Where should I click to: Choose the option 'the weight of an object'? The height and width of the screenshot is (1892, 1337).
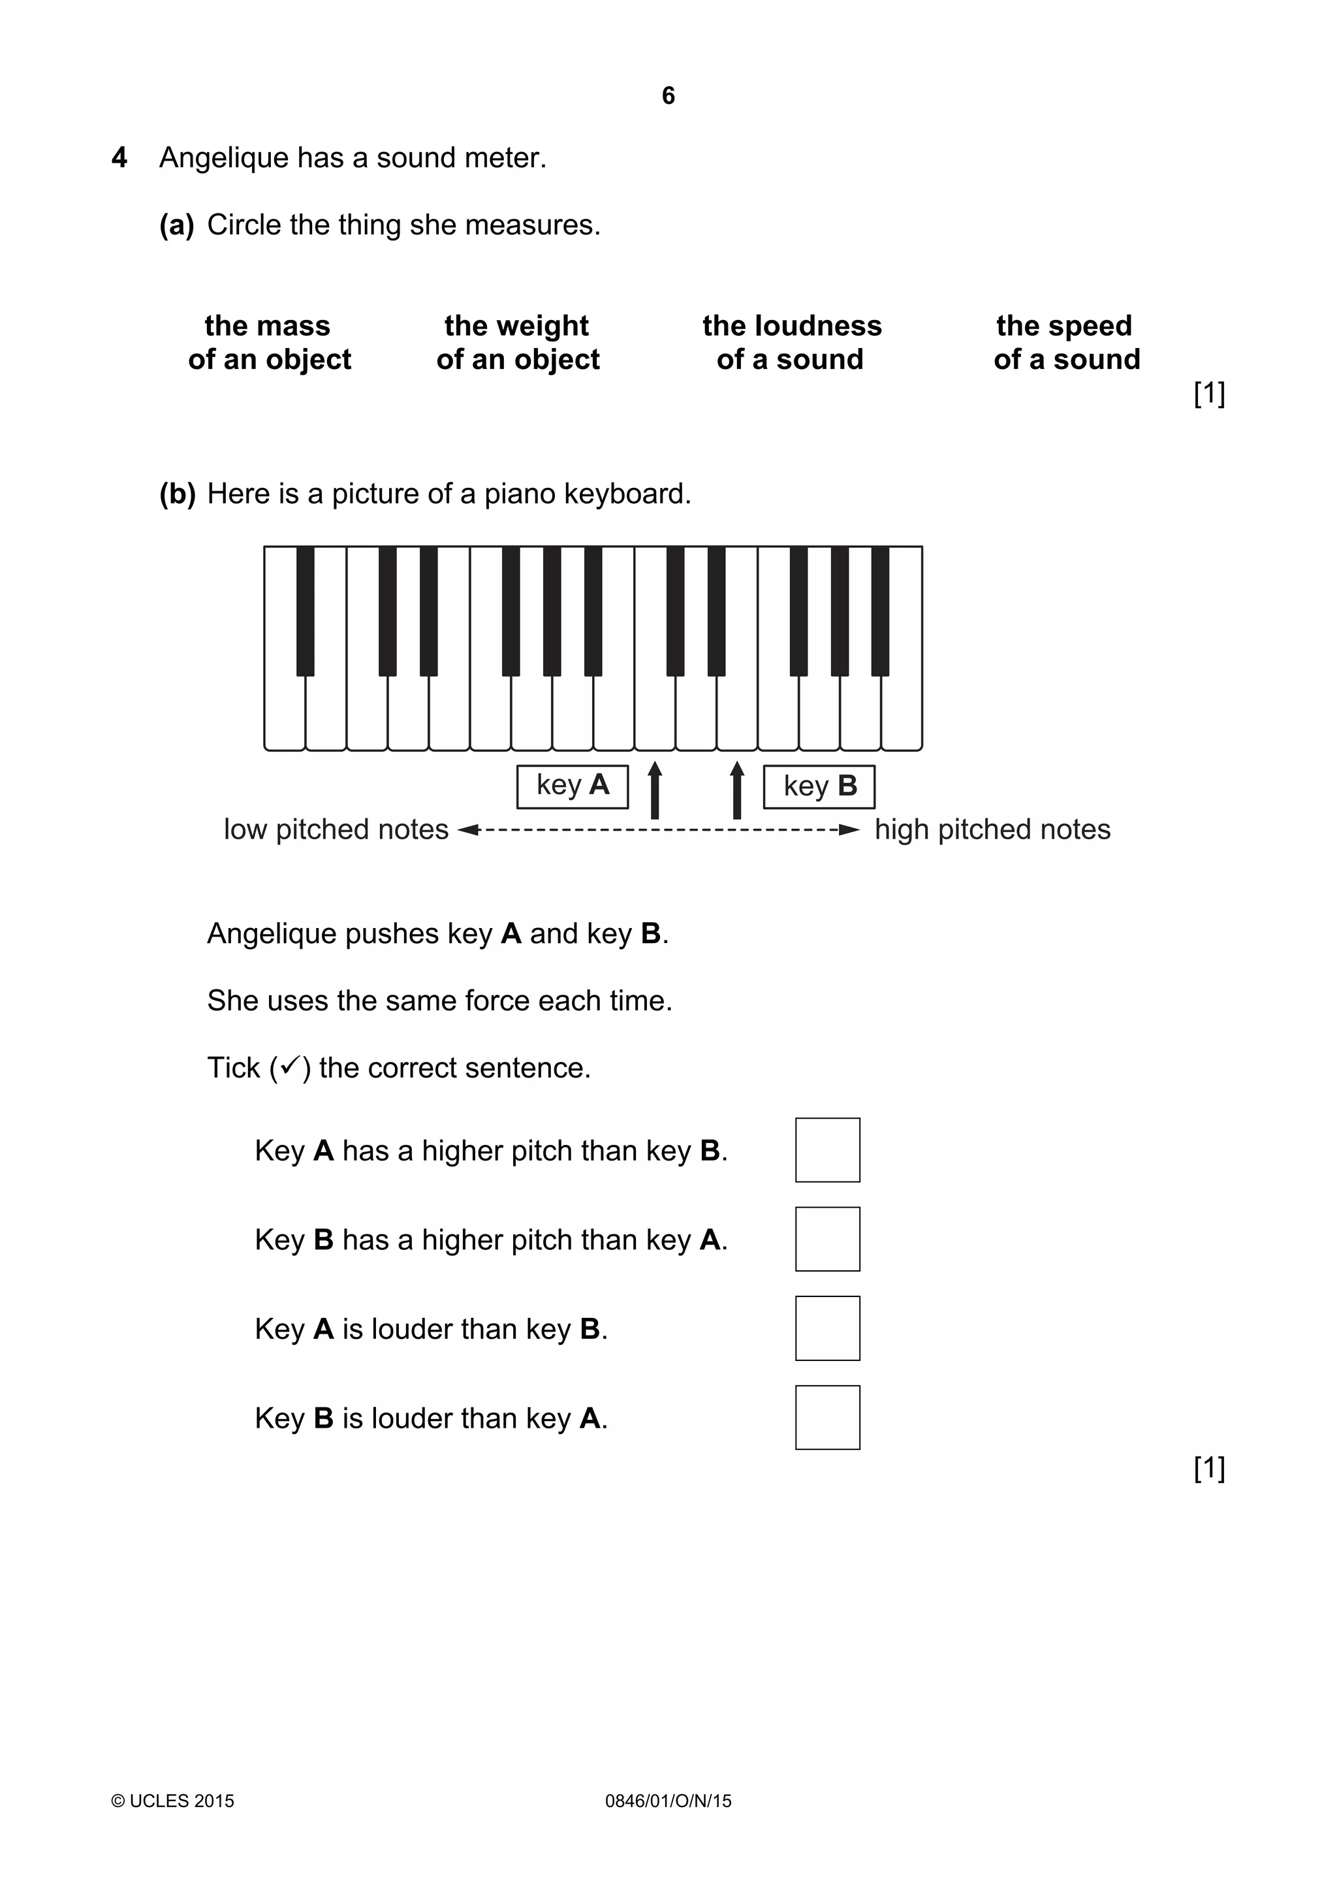point(517,343)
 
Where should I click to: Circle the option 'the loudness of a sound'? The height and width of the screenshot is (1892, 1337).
point(791,343)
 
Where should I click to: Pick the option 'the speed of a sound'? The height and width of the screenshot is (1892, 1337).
point(1066,343)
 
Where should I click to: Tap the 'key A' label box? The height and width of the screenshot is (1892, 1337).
point(573,786)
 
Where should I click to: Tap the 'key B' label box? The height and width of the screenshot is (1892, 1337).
point(819,786)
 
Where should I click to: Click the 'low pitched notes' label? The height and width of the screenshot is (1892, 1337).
point(336,829)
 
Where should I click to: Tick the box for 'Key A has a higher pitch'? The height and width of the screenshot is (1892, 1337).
point(827,1150)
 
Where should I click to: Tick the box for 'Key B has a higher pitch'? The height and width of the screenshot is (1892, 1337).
point(827,1240)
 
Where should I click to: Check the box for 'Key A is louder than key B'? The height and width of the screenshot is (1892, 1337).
point(827,1328)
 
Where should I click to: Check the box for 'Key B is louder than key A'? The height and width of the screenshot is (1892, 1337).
point(827,1417)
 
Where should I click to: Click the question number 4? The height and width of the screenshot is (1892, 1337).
point(119,157)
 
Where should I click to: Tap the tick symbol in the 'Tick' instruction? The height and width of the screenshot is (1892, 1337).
point(289,1066)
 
